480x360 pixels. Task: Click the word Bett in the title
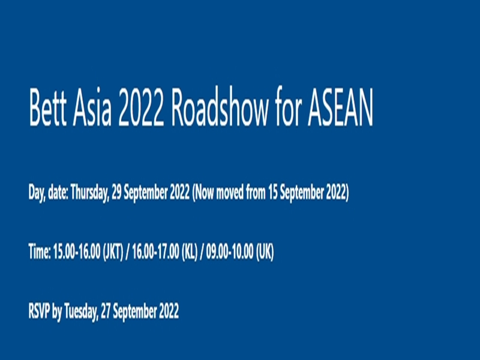click(47, 107)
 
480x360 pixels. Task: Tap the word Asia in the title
click(92, 107)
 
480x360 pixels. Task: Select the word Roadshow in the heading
click(220, 107)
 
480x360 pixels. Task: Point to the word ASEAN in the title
click(340, 107)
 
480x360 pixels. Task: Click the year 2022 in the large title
click(141, 107)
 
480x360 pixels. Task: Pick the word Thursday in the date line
click(89, 193)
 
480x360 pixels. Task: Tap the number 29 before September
click(116, 192)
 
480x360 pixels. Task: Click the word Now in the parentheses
click(203, 192)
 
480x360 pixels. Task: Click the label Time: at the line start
click(40, 251)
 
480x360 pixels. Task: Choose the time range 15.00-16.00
click(77, 251)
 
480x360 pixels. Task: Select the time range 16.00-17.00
click(155, 251)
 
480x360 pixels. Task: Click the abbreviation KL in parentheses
click(190, 252)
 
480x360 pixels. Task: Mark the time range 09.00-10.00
click(230, 251)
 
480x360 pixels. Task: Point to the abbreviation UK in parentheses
click(265, 252)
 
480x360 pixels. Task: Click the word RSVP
click(39, 311)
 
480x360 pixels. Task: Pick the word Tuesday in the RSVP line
click(81, 312)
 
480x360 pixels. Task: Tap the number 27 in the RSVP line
click(106, 311)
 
